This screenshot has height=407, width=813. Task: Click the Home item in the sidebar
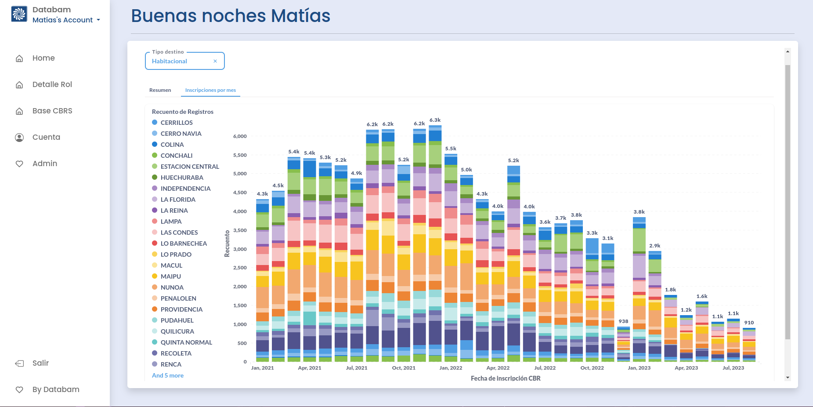43,58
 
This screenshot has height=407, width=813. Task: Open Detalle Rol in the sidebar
52,84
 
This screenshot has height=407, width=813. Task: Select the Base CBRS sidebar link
52,111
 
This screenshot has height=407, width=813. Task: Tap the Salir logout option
40,363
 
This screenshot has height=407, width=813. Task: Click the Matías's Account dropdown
66,20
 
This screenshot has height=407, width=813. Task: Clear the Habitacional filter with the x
215,61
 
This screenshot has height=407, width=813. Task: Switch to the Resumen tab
160,90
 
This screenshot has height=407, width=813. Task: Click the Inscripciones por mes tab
210,90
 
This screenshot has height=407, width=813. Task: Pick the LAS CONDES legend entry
179,233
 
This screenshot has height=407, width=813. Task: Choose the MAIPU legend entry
170,276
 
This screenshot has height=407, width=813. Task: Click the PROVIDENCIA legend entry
181,309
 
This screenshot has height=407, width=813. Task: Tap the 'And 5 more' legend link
168,375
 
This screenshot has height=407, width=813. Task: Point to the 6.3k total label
435,120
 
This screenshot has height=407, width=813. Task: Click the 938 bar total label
623,321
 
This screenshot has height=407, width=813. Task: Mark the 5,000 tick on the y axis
240,174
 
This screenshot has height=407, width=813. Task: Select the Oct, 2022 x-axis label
592,368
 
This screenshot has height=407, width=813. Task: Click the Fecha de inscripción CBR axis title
506,378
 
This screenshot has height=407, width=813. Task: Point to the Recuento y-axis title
227,243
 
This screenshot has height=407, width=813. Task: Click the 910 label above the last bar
749,323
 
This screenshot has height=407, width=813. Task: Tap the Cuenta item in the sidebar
46,137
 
